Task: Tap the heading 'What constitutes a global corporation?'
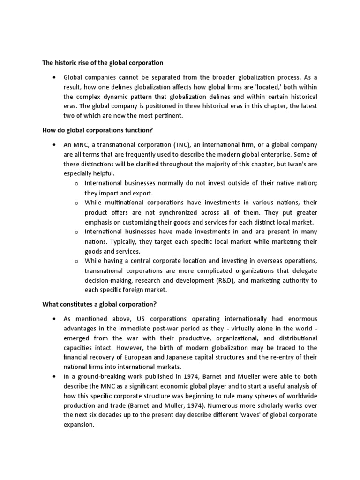(x=99, y=304)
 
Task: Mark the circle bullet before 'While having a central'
(x=76, y=261)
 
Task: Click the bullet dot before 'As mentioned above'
(x=55, y=319)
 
